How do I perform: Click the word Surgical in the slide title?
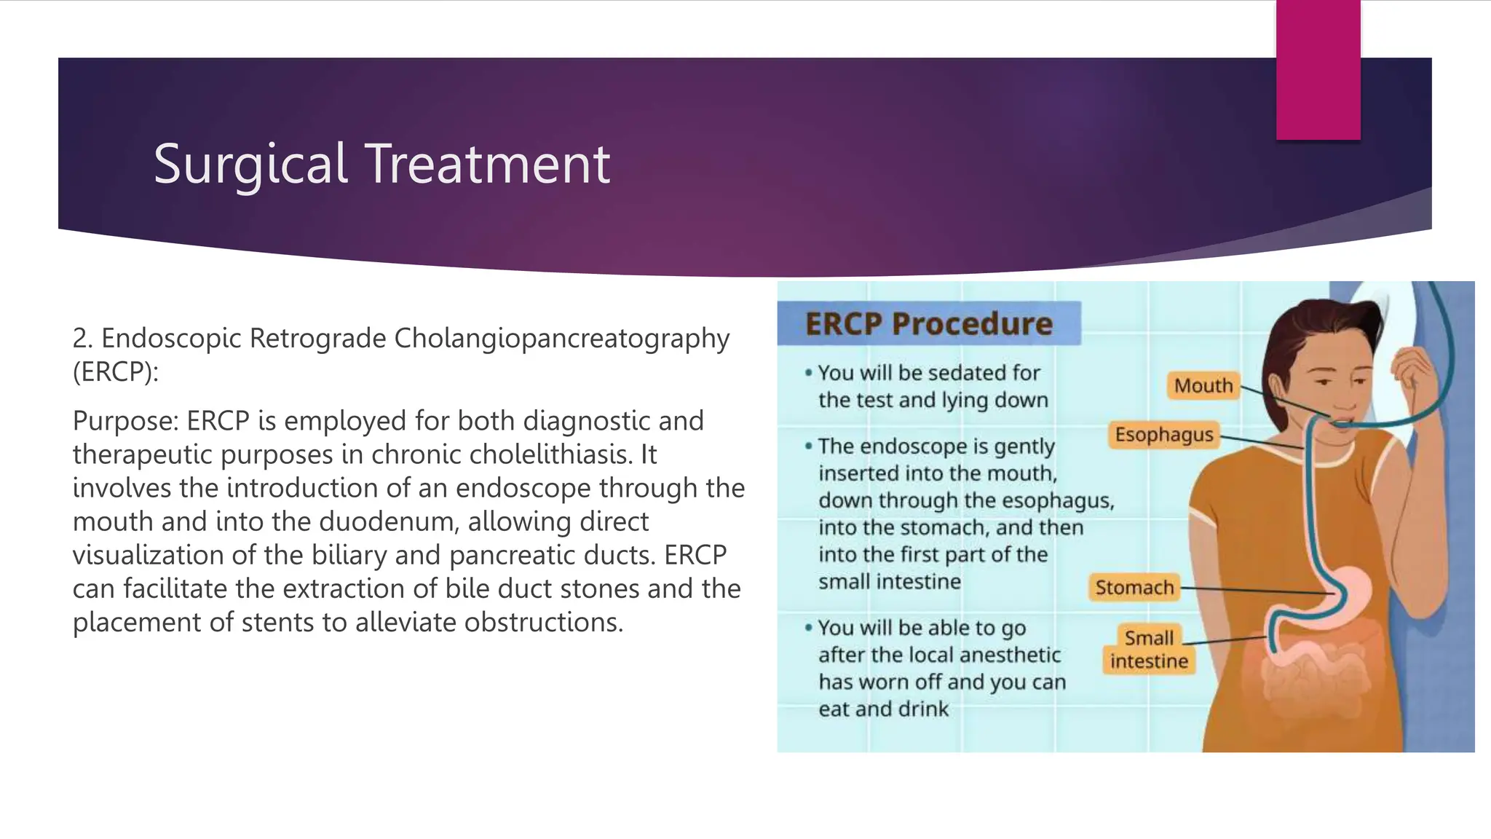(x=250, y=165)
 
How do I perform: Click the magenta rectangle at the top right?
(x=1318, y=70)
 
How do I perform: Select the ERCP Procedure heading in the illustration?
(x=928, y=324)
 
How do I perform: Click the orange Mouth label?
(x=1203, y=385)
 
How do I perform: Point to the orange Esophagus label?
(x=1163, y=435)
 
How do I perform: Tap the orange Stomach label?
(x=1134, y=587)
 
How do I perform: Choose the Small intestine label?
(x=1149, y=650)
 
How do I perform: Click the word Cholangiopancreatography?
(x=561, y=339)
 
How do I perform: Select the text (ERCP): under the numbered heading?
(x=115, y=372)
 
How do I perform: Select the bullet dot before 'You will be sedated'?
(x=808, y=373)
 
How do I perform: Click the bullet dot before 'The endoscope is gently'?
(x=808, y=446)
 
